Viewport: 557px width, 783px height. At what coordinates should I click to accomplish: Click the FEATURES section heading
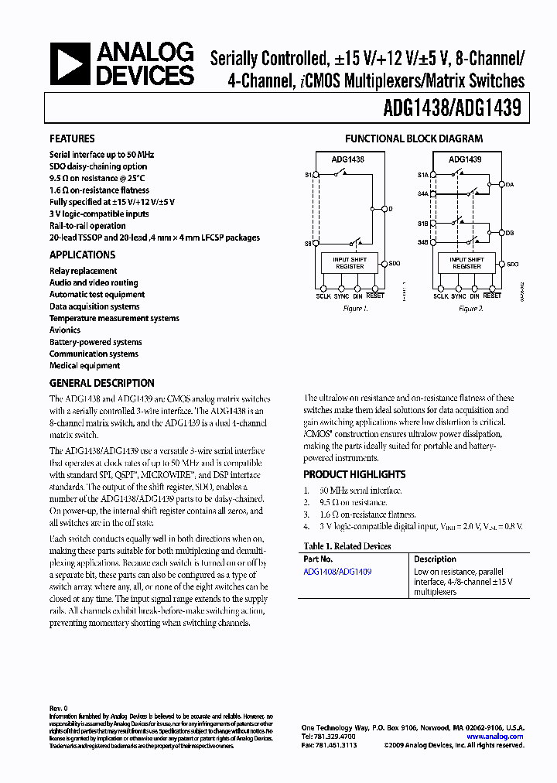coord(72,138)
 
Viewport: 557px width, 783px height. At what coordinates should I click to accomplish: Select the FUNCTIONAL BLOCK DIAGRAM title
coord(413,138)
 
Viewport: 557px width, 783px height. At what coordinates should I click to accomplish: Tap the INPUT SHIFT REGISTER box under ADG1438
coord(350,263)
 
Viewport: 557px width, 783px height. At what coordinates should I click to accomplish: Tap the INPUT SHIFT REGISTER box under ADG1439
coord(466,263)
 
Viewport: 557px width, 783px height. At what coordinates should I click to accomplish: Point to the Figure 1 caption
coord(355,308)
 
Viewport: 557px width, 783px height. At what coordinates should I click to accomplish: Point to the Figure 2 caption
coord(470,308)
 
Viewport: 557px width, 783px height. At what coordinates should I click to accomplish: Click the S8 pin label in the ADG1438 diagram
coord(309,244)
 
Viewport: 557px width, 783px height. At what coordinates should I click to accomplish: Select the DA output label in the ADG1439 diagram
coord(510,184)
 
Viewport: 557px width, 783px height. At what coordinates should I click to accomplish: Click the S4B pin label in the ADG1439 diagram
coord(423,242)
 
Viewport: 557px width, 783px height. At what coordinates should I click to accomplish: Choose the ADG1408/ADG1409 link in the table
coord(337,572)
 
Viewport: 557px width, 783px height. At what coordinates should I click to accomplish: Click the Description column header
coord(435,559)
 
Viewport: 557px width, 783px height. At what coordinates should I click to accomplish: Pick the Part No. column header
coord(318,559)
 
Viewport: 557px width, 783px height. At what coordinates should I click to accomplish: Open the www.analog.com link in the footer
coord(495,737)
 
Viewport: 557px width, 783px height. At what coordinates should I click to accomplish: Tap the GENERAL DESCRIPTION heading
coord(102,383)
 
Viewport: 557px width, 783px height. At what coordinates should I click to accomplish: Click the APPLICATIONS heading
coord(82,255)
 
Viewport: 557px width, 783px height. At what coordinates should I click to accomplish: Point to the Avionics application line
coord(65,330)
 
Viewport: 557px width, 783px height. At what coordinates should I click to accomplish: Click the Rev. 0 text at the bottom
coord(59,709)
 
